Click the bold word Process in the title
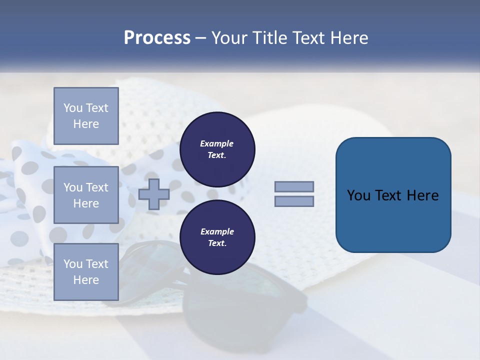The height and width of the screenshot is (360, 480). tap(157, 38)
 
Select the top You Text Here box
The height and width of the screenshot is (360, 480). tap(86, 116)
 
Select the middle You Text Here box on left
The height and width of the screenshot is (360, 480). tap(86, 195)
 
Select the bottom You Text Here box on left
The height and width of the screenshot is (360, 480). tap(86, 272)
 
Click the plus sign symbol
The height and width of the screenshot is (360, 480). tap(153, 194)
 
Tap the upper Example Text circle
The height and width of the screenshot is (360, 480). tap(217, 149)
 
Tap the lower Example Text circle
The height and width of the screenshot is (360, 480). tap(217, 237)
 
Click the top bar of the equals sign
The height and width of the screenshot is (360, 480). tap(294, 186)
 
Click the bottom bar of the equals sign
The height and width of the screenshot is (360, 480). tap(294, 201)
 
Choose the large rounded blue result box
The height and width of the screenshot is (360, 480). tap(393, 195)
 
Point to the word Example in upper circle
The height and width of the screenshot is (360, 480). tap(217, 143)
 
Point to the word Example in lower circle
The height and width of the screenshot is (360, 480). tap(217, 231)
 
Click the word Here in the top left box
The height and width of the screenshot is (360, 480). tap(86, 124)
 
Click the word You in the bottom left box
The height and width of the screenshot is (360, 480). tap(73, 264)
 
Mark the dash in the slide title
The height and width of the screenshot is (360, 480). tap(200, 38)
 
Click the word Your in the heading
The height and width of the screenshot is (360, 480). tap(230, 38)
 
